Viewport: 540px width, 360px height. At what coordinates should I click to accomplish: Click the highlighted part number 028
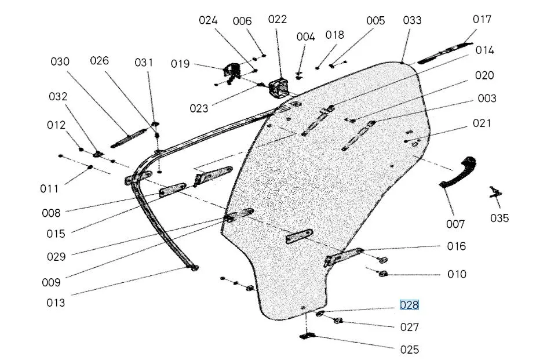(x=409, y=306)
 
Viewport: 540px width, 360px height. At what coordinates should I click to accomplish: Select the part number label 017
(x=482, y=19)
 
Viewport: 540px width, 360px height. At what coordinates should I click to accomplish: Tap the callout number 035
(x=499, y=218)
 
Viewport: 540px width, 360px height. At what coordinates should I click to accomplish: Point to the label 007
(x=455, y=224)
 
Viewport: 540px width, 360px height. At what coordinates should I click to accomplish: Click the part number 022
(x=277, y=19)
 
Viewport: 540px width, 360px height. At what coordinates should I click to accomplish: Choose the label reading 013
(x=56, y=303)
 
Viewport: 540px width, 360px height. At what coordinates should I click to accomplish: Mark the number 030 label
(x=60, y=61)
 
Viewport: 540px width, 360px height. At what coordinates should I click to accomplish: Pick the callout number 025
(x=410, y=350)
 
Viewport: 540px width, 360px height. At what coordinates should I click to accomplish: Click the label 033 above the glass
(x=412, y=20)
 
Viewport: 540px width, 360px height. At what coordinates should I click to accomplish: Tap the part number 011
(x=49, y=189)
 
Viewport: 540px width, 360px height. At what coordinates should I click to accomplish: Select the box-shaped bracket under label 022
(x=278, y=88)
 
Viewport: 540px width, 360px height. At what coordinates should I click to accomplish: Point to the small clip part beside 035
(x=496, y=192)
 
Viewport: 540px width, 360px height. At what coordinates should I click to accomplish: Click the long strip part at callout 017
(x=444, y=53)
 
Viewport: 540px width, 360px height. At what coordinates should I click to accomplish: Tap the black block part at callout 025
(x=308, y=336)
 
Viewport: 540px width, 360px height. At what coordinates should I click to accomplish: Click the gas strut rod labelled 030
(x=129, y=139)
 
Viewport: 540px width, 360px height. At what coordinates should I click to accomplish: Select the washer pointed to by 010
(x=383, y=274)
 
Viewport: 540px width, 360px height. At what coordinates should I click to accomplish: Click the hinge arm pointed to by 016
(x=343, y=257)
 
